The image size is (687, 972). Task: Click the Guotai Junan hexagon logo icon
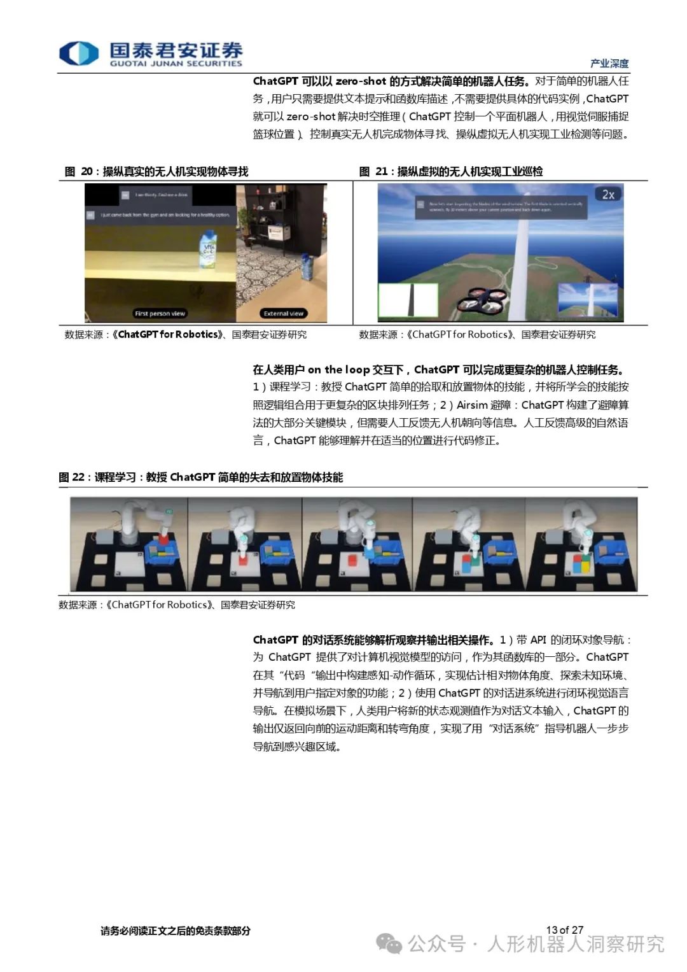pos(79,53)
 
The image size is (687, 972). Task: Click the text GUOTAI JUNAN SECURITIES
pos(176,64)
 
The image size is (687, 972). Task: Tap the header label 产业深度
pos(609,63)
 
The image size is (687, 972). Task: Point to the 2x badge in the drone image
pos(608,195)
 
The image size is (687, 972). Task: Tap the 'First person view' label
pos(160,313)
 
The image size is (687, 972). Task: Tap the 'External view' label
pos(283,313)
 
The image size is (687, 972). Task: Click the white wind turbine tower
pos(524,255)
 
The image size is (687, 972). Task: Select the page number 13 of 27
pos(564,929)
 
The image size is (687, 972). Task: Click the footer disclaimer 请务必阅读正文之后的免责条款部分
pos(176,931)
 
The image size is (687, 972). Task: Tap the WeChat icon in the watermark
pos(389,944)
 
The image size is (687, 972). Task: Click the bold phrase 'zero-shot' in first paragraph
pos(361,81)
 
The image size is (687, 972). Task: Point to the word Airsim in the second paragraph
pos(472,405)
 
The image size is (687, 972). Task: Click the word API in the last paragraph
pos(538,640)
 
